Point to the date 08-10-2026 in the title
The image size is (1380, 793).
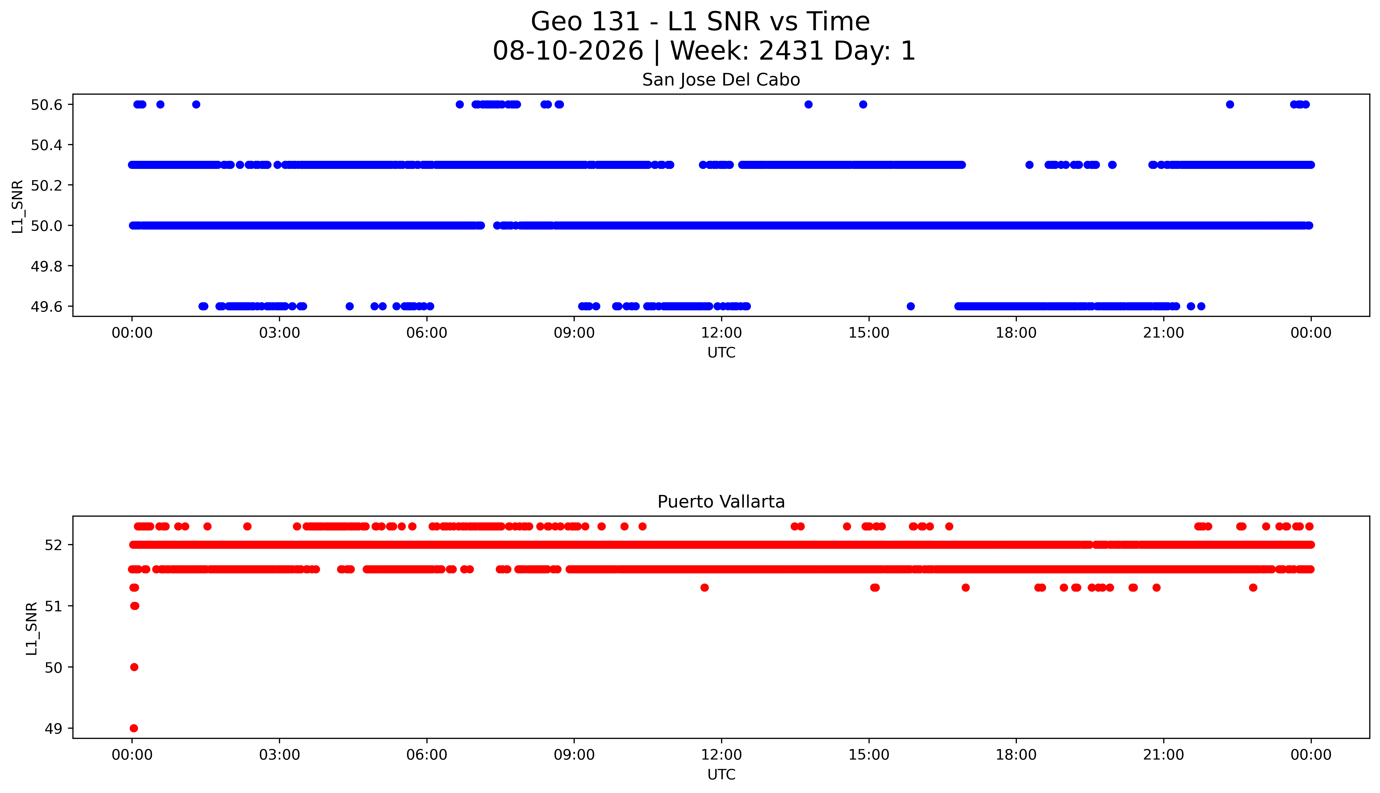[568, 51]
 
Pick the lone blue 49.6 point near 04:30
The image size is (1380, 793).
[350, 306]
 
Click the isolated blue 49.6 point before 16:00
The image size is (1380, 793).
[911, 306]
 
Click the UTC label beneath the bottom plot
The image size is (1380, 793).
[721, 774]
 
